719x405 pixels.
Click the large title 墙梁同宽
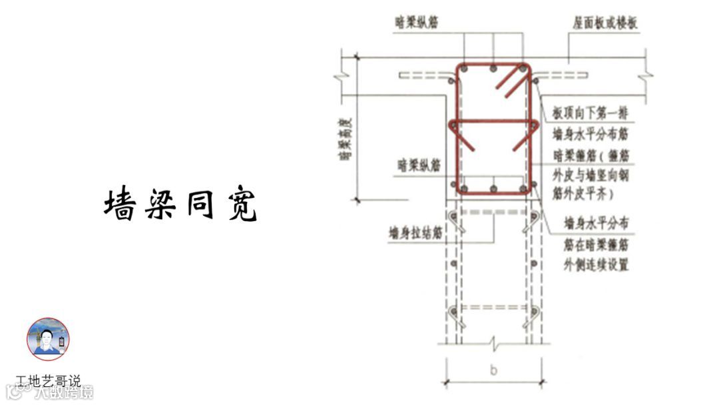click(180, 204)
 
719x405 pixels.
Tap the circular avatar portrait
click(48, 339)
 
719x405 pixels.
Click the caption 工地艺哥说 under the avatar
click(48, 382)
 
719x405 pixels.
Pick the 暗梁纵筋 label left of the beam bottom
click(419, 165)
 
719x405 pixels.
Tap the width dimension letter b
click(493, 371)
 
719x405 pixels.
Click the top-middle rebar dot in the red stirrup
click(492, 69)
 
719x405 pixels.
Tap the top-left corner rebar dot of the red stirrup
click(463, 69)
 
